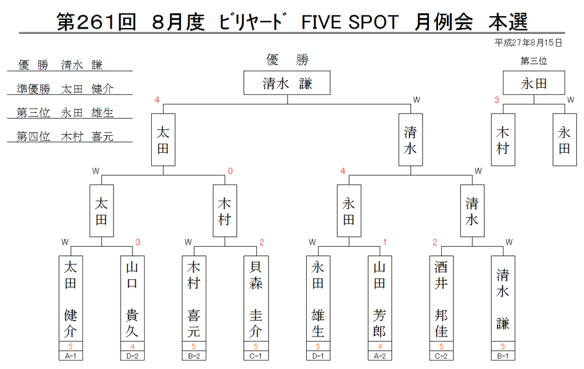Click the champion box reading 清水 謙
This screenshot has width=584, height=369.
pyautogui.click(x=287, y=83)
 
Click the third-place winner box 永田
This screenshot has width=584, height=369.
pyautogui.click(x=534, y=83)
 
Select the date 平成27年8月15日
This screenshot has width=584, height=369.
pyautogui.click(x=528, y=43)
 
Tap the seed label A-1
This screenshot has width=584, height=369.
pyautogui.click(x=70, y=356)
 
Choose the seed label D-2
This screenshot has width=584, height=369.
pyautogui.click(x=132, y=356)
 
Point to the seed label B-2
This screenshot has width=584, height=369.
pyautogui.click(x=194, y=356)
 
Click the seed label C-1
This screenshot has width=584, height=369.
pyautogui.click(x=256, y=356)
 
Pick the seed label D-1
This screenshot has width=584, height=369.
pyautogui.click(x=318, y=356)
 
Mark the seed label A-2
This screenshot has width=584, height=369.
pyautogui.click(x=380, y=356)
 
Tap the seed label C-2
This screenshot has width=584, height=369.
pyautogui.click(x=441, y=356)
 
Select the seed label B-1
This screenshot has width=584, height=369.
pyautogui.click(x=503, y=356)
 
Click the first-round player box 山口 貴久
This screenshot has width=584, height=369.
pyautogui.click(x=132, y=299)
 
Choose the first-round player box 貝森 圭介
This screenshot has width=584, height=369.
pyautogui.click(x=256, y=299)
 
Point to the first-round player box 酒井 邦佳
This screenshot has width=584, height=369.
pyautogui.click(x=441, y=299)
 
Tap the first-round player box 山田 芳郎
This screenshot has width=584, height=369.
pyautogui.click(x=380, y=299)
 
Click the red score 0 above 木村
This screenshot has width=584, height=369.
pyautogui.click(x=230, y=171)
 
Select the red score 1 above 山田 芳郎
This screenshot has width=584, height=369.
pyautogui.click(x=385, y=242)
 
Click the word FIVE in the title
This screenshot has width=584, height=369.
pyautogui.click(x=321, y=22)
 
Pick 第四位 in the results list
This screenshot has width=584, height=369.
pyautogui.click(x=33, y=136)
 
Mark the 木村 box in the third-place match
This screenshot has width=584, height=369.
pyautogui.click(x=503, y=140)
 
